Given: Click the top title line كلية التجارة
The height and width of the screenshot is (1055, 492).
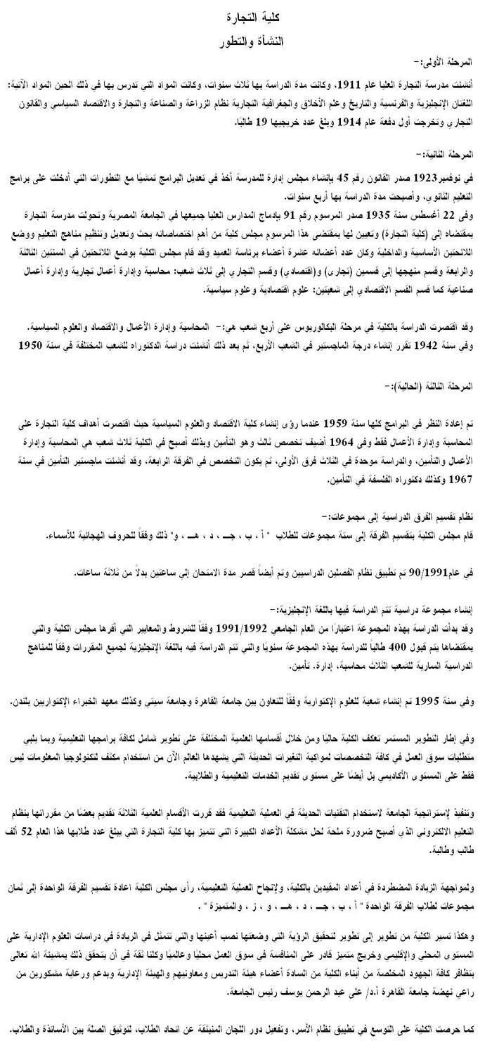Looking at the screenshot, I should [246, 15].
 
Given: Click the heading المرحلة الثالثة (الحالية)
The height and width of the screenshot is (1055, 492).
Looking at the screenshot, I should [434, 385].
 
